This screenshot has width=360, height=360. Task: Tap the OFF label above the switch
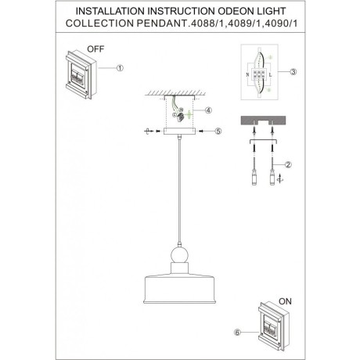[x=95, y=49]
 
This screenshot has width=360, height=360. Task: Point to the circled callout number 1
[x=120, y=68]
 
